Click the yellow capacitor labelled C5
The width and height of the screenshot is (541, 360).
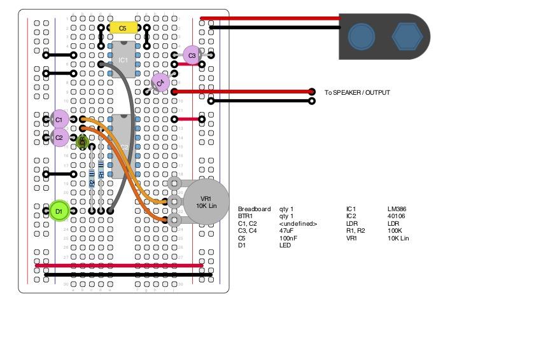[x=123, y=28]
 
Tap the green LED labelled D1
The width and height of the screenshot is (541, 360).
[x=59, y=211]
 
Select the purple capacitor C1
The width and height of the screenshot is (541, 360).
[x=59, y=119]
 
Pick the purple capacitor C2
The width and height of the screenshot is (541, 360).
[x=59, y=137]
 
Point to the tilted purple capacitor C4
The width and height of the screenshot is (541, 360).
[x=160, y=82]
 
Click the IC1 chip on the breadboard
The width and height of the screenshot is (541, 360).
[x=123, y=60]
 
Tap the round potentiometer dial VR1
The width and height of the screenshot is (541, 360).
[x=206, y=202]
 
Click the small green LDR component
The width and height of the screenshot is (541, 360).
[x=82, y=142]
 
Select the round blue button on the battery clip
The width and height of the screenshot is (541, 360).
[x=361, y=37]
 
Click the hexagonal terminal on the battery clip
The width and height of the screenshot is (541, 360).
[x=406, y=37]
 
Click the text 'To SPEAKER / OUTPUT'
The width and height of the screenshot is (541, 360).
[x=357, y=93]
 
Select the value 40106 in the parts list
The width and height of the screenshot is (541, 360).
[x=396, y=216]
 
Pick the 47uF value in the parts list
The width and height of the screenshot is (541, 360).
[x=287, y=231]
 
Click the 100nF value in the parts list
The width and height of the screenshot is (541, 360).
[x=288, y=239]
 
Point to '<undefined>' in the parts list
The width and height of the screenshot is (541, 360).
[x=298, y=224]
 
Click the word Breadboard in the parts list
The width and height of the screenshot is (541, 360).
[x=254, y=209]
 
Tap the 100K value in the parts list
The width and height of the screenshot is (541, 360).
[x=395, y=231]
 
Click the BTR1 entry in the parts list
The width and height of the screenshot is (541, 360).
[x=246, y=216]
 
